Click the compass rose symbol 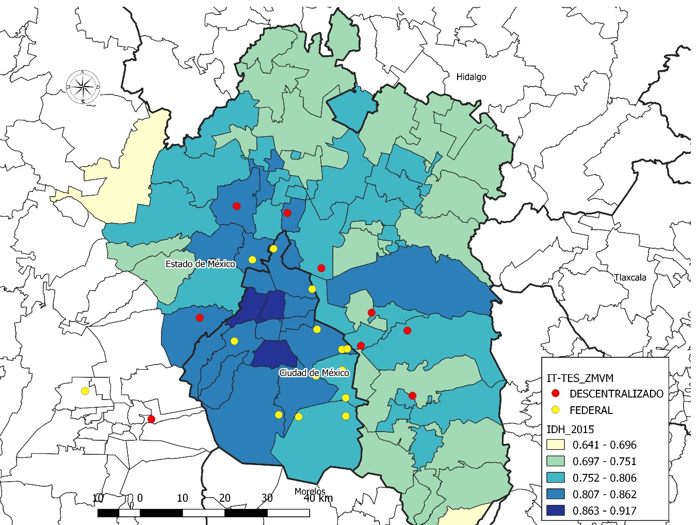pyautogui.click(x=83, y=87)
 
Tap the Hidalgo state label pyautogui.click(x=471, y=77)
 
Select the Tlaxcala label pyautogui.click(x=630, y=277)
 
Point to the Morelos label pyautogui.click(x=310, y=491)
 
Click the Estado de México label pyautogui.click(x=200, y=264)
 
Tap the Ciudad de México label pyautogui.click(x=314, y=373)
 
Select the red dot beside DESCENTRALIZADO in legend pyautogui.click(x=556, y=393)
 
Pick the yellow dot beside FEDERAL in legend pyautogui.click(x=556, y=410)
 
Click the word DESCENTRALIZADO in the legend pyautogui.click(x=616, y=394)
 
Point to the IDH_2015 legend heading pyautogui.click(x=570, y=429)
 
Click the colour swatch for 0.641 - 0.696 pyautogui.click(x=556, y=444)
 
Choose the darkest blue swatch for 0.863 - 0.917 pyautogui.click(x=556, y=511)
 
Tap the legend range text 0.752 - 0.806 pyautogui.click(x=604, y=478)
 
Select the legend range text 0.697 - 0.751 pyautogui.click(x=604, y=462)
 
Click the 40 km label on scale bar pyautogui.click(x=318, y=498)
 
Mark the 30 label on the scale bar pyautogui.click(x=267, y=498)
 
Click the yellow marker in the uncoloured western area pyautogui.click(x=85, y=391)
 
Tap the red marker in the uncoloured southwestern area pyautogui.click(x=151, y=419)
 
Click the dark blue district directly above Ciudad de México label pyautogui.click(x=274, y=354)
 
